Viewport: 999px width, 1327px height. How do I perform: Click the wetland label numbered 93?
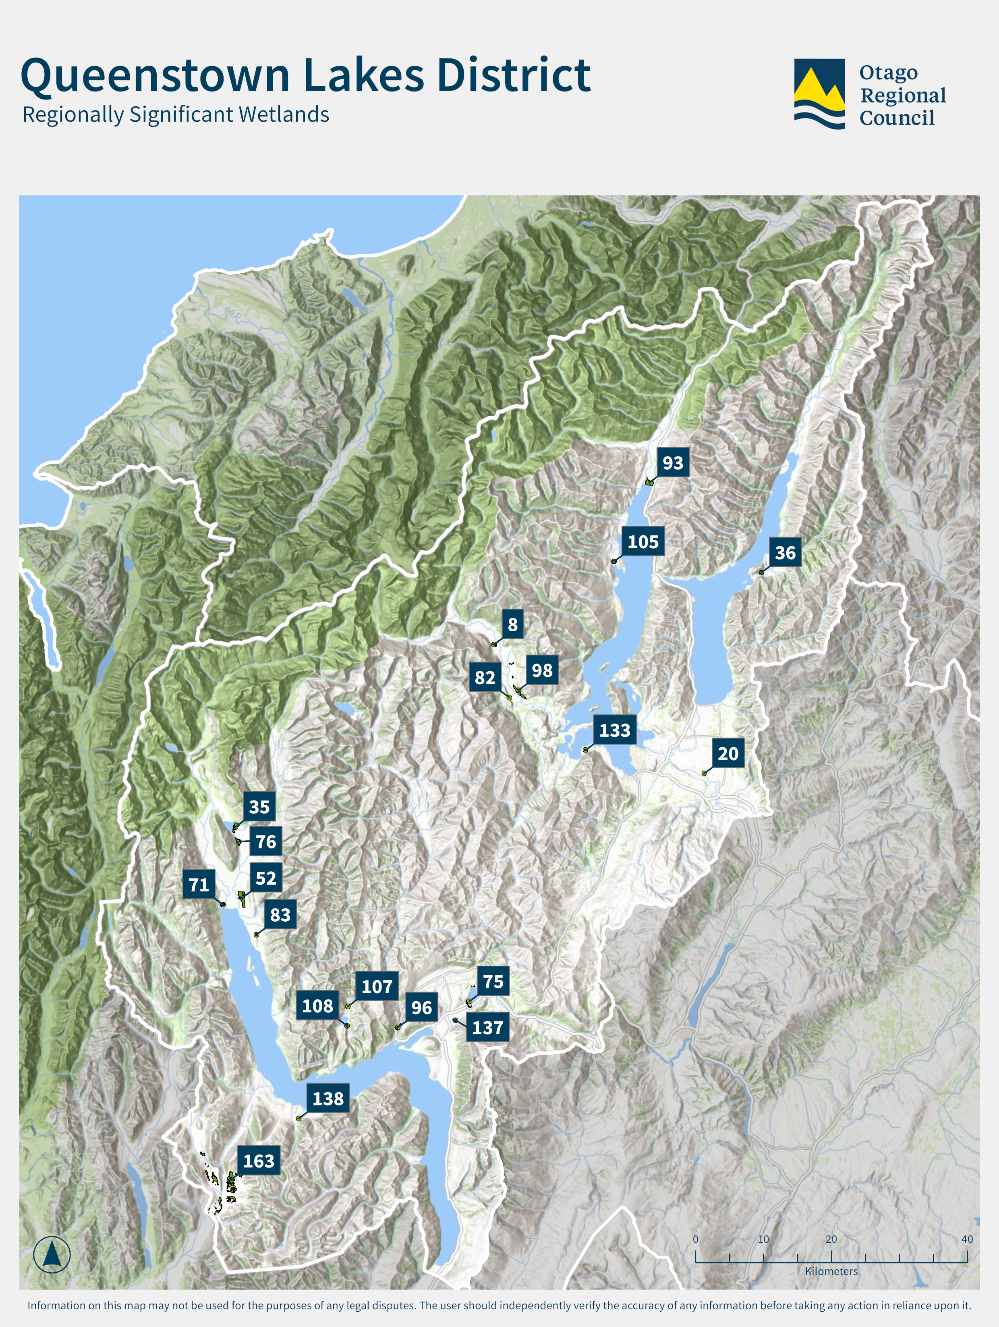point(673,462)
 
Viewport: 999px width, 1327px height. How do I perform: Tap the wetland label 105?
point(643,542)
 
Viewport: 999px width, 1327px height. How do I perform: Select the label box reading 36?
point(785,553)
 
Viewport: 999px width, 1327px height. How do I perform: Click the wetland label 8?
point(512,624)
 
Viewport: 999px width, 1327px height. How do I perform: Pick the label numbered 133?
point(614,730)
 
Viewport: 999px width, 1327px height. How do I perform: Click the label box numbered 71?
point(199,885)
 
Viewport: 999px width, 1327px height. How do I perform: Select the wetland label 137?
point(487,1028)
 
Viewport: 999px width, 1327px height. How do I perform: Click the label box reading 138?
point(327,1099)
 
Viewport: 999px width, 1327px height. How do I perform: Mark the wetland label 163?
point(259,1161)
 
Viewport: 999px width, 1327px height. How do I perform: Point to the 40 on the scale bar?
point(967,1239)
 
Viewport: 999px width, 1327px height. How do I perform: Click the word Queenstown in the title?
point(155,76)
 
